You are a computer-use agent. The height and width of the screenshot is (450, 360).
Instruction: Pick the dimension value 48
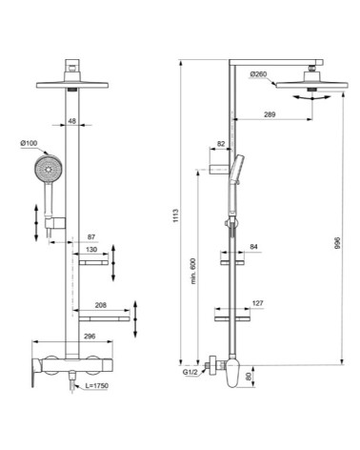[72, 120]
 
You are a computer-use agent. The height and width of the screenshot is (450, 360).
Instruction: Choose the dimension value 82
[221, 144]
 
